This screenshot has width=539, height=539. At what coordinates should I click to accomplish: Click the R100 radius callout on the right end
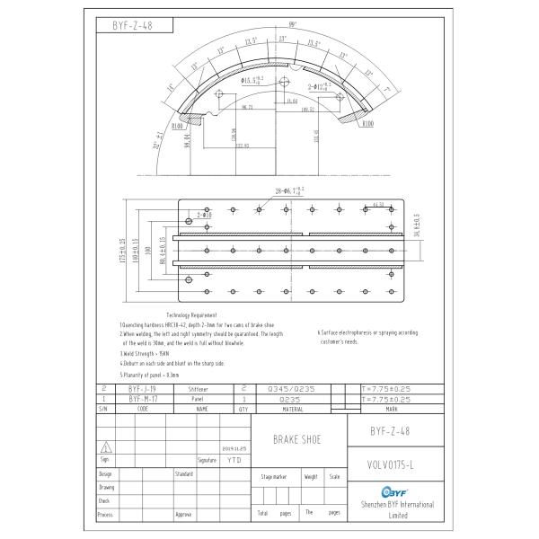[x=368, y=125]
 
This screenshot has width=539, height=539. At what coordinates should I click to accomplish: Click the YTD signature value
[x=234, y=459]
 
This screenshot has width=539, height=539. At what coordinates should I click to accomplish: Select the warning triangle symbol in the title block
[x=107, y=446]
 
